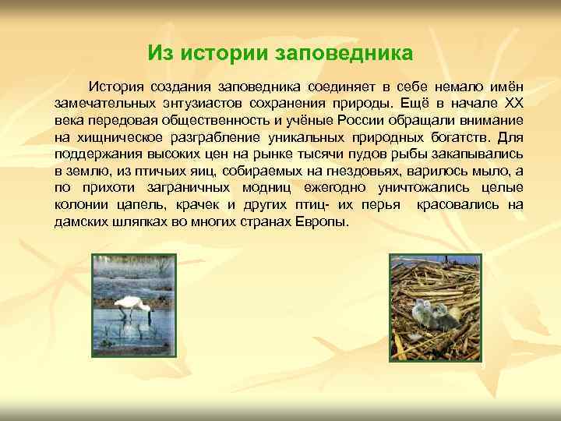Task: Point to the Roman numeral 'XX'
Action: click(x=513, y=101)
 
